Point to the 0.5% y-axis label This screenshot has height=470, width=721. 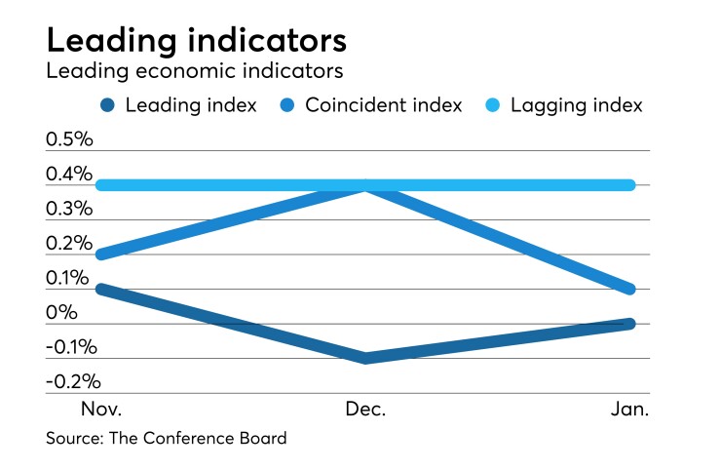69,139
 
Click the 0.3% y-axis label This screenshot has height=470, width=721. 69,209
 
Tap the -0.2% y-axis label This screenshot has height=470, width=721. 72,381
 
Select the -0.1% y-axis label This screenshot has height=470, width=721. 72,347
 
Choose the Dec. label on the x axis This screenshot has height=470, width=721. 364,410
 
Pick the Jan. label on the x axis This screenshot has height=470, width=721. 628,410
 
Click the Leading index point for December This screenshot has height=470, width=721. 364,358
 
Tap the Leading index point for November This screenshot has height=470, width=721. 100,290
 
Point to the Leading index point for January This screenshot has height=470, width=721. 629,324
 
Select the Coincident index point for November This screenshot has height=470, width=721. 100,255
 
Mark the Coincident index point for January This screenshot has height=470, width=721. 629,290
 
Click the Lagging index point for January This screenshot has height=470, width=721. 629,185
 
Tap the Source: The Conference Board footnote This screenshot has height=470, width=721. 167,439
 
